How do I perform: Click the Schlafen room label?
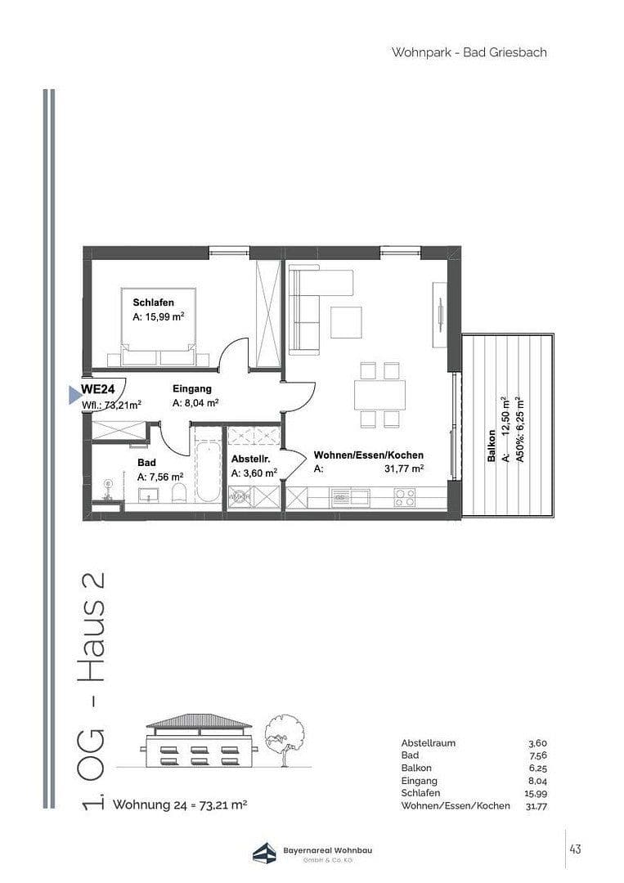(154, 303)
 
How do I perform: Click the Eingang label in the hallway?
(192, 389)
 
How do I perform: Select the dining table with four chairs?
(379, 395)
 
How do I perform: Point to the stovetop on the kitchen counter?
(405, 495)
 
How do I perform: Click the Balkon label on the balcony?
(491, 446)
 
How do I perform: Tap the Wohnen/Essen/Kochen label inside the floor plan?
(369, 455)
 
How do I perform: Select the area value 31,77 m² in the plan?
(403, 468)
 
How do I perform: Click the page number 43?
(576, 849)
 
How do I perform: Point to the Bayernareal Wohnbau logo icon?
(264, 854)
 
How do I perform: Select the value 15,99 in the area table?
(536, 793)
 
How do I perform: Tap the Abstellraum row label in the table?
(429, 743)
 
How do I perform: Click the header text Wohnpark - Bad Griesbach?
(469, 52)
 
